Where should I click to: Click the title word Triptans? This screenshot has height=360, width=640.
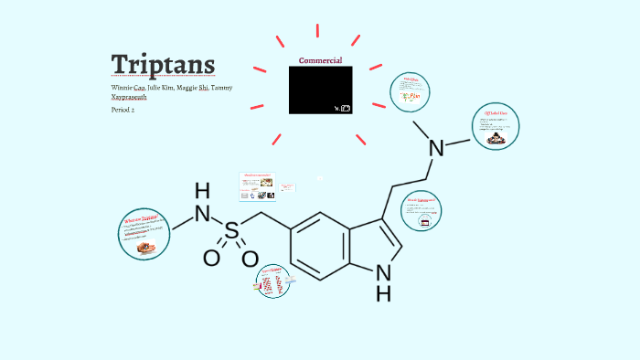(x=164, y=64)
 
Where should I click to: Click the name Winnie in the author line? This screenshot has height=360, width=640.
(x=123, y=88)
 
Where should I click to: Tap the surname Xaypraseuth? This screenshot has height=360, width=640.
(x=128, y=97)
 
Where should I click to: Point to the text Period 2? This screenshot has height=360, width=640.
(x=123, y=110)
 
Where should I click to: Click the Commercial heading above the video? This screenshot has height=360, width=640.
(x=320, y=60)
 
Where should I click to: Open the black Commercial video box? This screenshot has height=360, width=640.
(x=320, y=90)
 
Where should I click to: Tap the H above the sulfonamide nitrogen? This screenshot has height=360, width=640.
(x=202, y=191)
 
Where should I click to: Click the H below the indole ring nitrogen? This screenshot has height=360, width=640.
(x=384, y=293)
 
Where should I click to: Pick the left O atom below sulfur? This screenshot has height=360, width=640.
(x=211, y=259)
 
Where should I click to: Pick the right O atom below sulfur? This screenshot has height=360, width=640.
(x=250, y=259)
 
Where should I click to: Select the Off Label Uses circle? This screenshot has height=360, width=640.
(x=495, y=129)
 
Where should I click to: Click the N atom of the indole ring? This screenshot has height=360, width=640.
(x=384, y=271)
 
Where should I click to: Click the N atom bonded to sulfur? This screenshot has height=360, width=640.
(x=203, y=216)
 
